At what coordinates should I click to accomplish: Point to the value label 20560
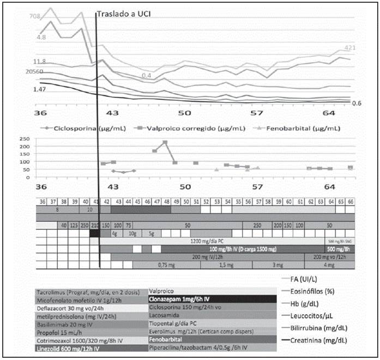[35, 71]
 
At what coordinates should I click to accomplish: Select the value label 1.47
[39, 89]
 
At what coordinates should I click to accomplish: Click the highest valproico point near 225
[165, 143]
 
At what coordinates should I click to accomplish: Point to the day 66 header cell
[351, 202]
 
